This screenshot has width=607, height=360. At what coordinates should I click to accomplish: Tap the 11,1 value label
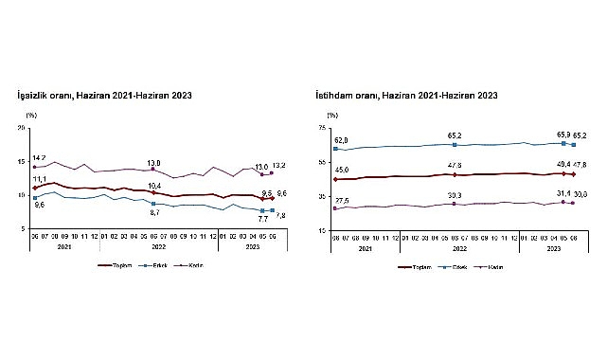click(39, 179)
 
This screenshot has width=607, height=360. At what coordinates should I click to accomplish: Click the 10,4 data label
click(154, 186)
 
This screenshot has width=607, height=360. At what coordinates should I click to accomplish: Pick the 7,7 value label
click(259, 219)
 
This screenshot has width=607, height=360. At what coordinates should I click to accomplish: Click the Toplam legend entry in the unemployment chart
click(117, 265)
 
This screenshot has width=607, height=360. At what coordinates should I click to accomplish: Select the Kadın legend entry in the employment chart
click(494, 267)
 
